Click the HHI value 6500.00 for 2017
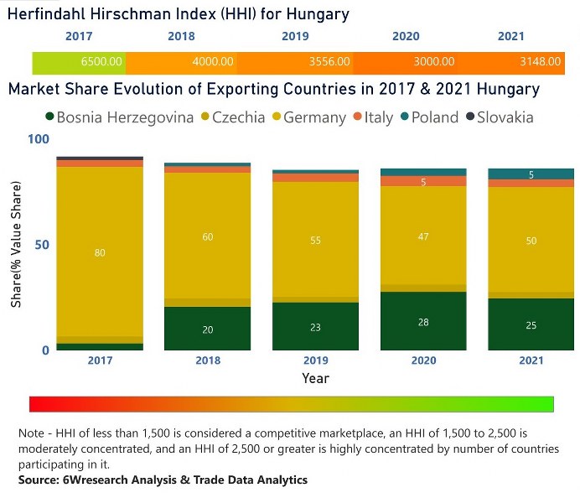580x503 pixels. [102, 62]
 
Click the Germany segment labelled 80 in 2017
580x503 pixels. [100, 252]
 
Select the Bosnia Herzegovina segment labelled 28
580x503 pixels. [423, 323]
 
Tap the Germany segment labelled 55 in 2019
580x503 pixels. [315, 241]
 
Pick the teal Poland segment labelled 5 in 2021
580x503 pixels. [531, 174]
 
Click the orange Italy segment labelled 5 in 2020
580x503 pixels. [423, 181]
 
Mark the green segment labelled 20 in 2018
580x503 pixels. [208, 329]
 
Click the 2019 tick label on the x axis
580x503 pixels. [315, 360]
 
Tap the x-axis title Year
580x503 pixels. [315, 378]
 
